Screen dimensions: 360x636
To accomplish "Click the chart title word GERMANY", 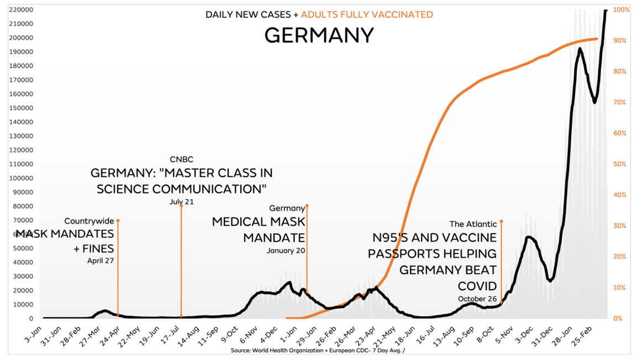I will pyautogui.click(x=319, y=35).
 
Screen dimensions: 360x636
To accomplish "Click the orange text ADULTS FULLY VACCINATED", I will pyautogui.click(x=367, y=14).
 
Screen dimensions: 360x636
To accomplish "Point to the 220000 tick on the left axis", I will pyautogui.click(x=20, y=10).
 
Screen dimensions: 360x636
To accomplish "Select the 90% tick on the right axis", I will pyautogui.click(x=621, y=41).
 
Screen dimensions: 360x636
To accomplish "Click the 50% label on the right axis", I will pyautogui.click(x=621, y=164).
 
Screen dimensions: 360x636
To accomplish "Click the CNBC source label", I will pyautogui.click(x=181, y=160).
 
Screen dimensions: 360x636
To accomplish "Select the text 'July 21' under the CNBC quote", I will pyautogui.click(x=181, y=202).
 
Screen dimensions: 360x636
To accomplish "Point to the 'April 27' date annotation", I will pyautogui.click(x=101, y=261).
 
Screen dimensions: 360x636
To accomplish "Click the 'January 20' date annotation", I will pyautogui.click(x=286, y=251).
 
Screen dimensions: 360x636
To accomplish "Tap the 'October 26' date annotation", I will pyautogui.click(x=477, y=299).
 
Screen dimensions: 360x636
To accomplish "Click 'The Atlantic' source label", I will pyautogui.click(x=473, y=224).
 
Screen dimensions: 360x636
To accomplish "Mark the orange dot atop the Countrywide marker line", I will pyautogui.click(x=118, y=221).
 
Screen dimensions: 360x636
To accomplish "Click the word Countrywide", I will pyautogui.click(x=89, y=221).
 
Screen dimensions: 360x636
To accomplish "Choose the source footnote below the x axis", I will pyautogui.click(x=318, y=351).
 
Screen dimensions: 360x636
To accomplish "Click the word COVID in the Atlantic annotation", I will pyautogui.click(x=477, y=285).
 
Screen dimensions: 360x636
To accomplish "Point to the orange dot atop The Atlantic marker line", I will pyautogui.click(x=501, y=221).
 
